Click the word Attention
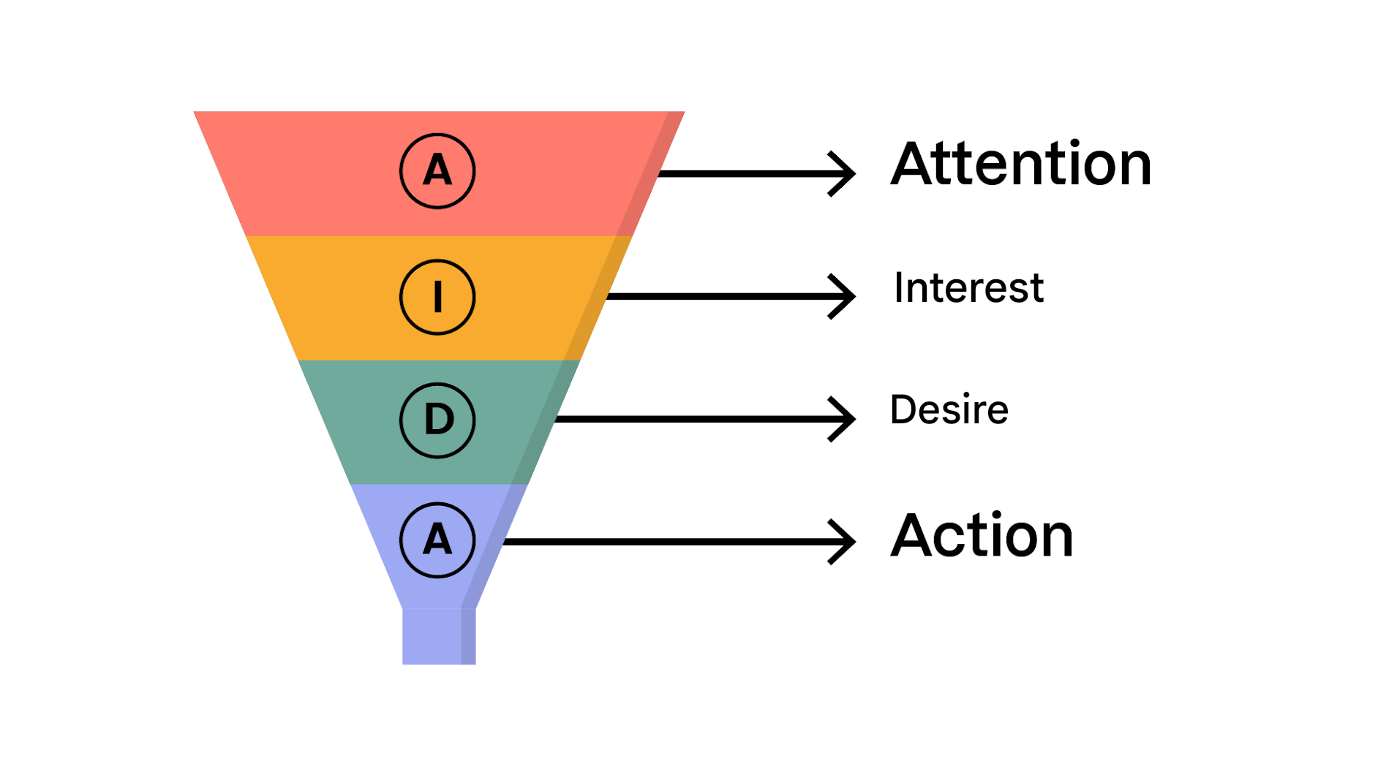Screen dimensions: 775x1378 pos(1020,165)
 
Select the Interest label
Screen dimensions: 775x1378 pos(968,287)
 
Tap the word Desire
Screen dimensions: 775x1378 pos(949,409)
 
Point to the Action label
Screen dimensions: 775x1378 pos(982,536)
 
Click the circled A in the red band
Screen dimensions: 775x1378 pos(437,171)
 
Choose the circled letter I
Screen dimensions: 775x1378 pos(437,297)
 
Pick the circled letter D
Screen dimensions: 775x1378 pos(437,420)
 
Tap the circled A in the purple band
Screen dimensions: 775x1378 pos(437,540)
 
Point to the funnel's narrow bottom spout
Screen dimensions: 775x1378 pos(438,636)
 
